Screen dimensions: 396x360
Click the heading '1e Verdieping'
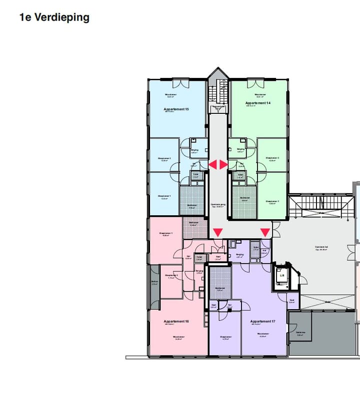(x=54, y=17)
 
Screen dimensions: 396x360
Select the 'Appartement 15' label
(x=176, y=109)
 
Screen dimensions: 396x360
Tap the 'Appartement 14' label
(x=257, y=103)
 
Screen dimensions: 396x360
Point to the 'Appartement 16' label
(x=176, y=321)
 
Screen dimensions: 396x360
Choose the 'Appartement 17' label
(x=262, y=321)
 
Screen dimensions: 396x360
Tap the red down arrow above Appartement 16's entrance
(x=218, y=233)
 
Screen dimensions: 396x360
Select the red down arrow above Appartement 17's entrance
(x=265, y=233)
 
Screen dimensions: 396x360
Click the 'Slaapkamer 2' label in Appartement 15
(x=164, y=159)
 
